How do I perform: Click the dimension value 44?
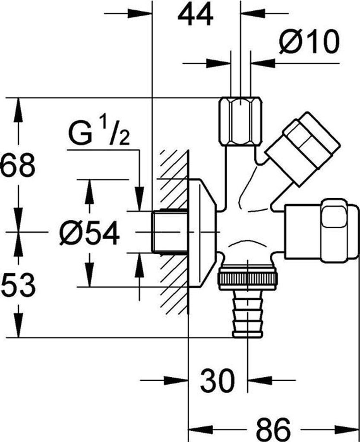[x=196, y=14]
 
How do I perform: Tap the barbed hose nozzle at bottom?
[x=247, y=313]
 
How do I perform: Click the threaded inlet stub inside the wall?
[x=170, y=232]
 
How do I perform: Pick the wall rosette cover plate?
[x=202, y=233]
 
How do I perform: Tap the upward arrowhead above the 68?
[x=18, y=110]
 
